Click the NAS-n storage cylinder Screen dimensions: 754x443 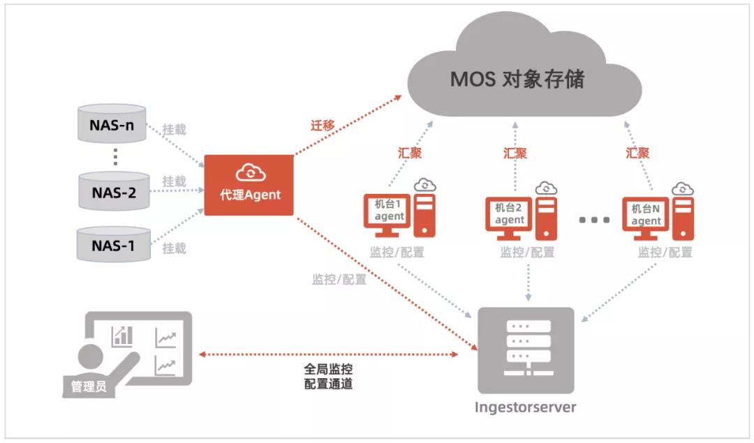pos(112,123)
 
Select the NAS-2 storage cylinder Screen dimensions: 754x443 pos(114,191)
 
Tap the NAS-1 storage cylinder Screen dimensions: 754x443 pos(114,245)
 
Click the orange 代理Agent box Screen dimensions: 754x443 pos(249,185)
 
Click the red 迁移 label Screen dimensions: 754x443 pos(322,126)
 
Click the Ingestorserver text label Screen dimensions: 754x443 pos(525,407)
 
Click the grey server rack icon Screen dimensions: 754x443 pos(526,350)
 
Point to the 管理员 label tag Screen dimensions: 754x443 pos(89,386)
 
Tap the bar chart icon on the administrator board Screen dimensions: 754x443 pos(121,336)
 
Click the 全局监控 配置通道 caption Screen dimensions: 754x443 pos(328,376)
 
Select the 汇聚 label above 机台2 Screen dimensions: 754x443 pos(515,153)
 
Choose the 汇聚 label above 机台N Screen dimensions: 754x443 pos(637,153)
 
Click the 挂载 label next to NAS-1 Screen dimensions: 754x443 pos(174,248)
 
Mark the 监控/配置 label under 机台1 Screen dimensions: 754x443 pos(397,253)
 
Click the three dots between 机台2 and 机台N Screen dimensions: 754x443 pos(594,220)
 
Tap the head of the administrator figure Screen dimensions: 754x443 pos(90,356)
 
